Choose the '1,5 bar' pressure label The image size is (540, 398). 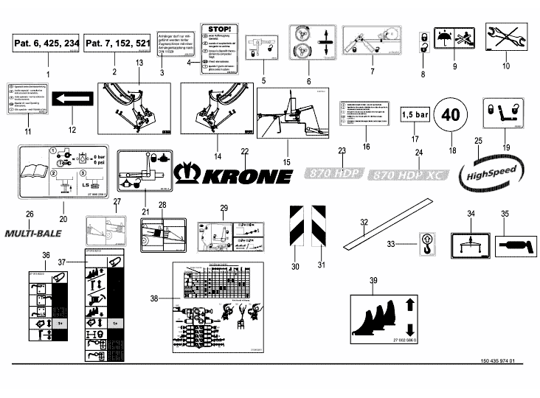coord(415,115)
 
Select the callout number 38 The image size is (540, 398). coord(154,299)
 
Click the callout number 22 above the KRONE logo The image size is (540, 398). coord(245,151)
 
